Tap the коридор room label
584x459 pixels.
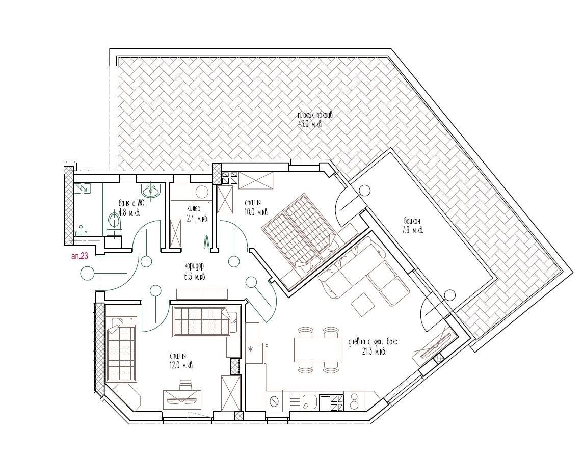195,266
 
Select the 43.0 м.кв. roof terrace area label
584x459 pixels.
309,124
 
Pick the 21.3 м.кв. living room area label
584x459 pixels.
374,351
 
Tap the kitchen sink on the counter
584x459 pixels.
309,401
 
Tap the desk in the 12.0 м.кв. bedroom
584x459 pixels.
182,399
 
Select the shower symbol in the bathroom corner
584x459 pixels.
82,188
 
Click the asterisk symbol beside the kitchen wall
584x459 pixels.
251,349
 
